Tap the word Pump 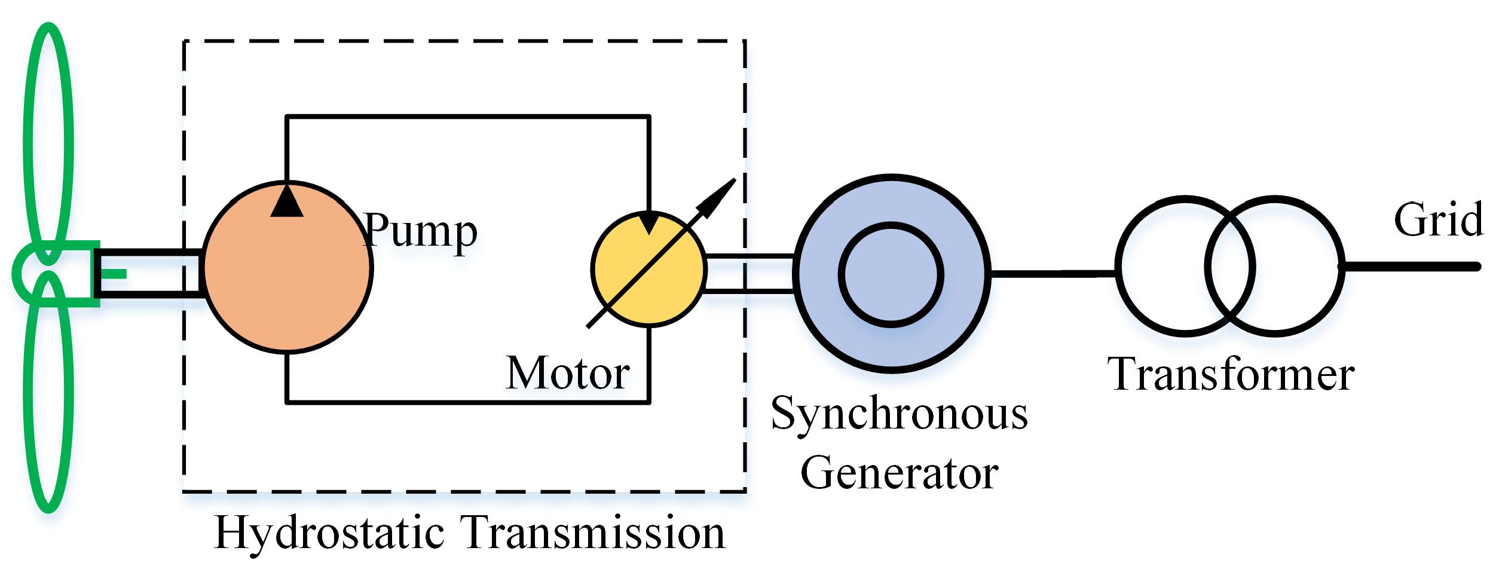click(420, 231)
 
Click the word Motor click(567, 374)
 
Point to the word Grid click(1438, 220)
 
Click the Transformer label click(1231, 375)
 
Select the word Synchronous click(899, 414)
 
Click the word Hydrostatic click(329, 533)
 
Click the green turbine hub click(36, 273)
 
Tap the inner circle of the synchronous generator click(891, 275)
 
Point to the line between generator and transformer click(1052, 274)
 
